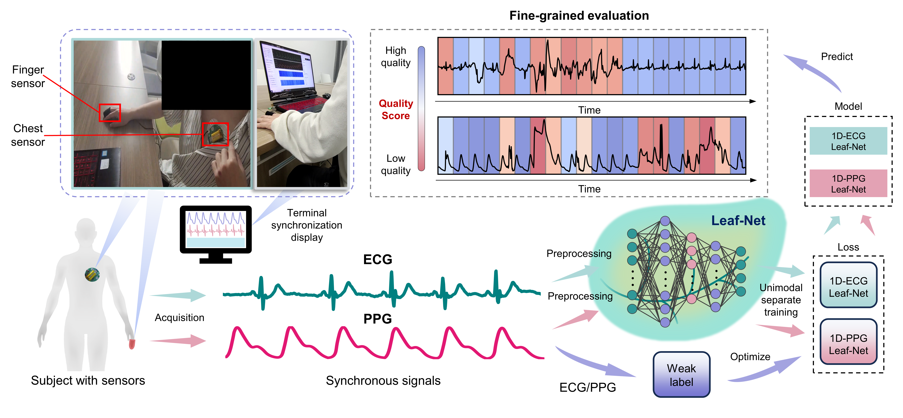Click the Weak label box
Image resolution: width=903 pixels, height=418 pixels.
pos(681,374)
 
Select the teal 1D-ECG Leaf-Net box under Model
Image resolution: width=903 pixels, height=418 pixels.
pos(848,141)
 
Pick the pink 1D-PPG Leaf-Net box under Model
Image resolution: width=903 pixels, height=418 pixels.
pos(848,183)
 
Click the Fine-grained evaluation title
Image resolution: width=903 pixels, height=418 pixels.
pos(579,15)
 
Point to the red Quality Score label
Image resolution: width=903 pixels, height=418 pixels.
pos(396,109)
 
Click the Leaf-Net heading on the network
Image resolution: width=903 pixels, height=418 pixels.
pos(738,221)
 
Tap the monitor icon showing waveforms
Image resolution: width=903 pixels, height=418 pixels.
pos(216,234)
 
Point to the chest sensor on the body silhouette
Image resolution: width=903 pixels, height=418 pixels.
pos(92,275)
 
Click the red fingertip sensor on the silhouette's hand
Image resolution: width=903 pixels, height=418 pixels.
pos(132,344)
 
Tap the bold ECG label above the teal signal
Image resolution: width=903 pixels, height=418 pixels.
pos(378,260)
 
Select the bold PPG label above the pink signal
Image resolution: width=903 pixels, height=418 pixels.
pos(378,319)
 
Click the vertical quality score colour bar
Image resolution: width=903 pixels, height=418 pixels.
pos(421,109)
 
